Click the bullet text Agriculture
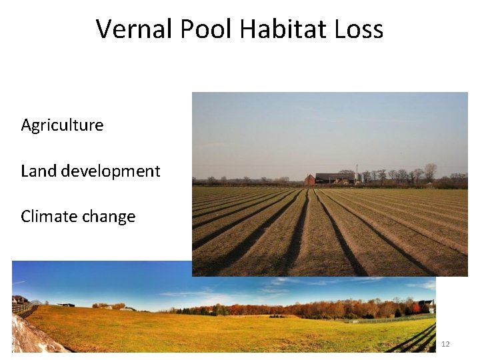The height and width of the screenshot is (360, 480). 62,125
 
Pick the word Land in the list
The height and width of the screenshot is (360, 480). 39,171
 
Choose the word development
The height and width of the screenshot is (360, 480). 111,171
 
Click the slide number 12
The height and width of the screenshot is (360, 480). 445,344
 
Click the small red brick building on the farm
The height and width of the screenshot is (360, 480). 310,179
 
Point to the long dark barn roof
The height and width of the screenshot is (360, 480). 335,175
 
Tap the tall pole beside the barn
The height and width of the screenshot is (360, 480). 357,173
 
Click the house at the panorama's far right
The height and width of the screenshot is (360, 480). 426,306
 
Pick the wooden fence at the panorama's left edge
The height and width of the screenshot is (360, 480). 23,309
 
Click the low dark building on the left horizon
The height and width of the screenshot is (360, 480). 66,305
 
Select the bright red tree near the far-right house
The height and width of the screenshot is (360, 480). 416,307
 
